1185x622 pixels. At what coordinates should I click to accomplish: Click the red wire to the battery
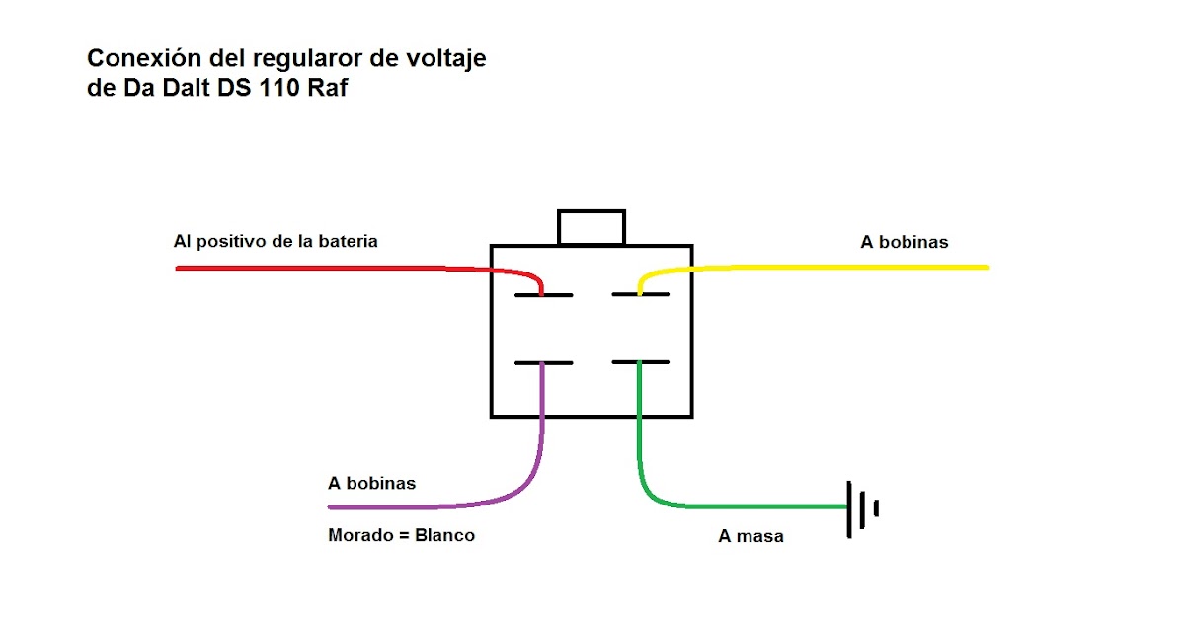point(326,268)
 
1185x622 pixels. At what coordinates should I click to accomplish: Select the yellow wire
point(839,267)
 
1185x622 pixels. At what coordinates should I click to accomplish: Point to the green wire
point(741,506)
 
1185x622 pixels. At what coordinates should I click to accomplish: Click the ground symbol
point(860,507)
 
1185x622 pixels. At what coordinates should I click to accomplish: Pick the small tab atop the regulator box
point(592,227)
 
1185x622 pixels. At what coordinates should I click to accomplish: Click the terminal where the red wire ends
point(543,295)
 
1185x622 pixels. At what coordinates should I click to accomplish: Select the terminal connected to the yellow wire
point(640,294)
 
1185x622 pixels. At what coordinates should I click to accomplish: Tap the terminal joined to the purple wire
point(543,363)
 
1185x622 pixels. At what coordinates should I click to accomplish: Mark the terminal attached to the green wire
point(640,362)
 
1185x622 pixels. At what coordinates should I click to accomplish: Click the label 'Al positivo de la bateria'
point(276,241)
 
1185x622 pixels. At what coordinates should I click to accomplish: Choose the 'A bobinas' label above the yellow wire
point(905,242)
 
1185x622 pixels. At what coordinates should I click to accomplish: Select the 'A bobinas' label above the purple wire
point(372,484)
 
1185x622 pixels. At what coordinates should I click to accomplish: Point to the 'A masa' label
point(751,537)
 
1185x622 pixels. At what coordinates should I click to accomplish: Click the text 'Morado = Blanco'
point(401,535)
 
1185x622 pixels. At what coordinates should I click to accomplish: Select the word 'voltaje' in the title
point(449,59)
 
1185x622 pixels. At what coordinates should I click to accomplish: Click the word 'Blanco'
point(444,535)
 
